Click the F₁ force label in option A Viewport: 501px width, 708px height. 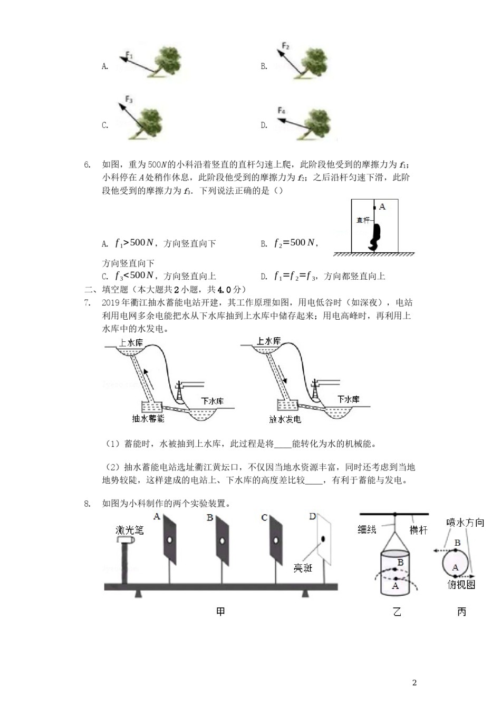tap(130, 55)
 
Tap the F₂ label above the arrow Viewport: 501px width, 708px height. tap(285, 46)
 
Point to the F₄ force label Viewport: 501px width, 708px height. tap(282, 111)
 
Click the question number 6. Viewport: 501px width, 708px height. tap(88, 165)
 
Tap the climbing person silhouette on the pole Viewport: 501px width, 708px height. tap(375, 235)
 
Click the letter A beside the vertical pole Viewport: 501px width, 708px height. tap(382, 207)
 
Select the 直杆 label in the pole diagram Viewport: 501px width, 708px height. tap(363, 220)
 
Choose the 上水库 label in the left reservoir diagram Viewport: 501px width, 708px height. tap(131, 343)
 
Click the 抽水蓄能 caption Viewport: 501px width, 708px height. tap(148, 418)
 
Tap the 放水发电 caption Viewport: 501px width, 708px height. tap(285, 419)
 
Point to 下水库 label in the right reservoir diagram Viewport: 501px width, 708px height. tap(349, 399)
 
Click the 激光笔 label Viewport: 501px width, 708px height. tap(129, 530)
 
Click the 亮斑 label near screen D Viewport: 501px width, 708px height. tap(303, 568)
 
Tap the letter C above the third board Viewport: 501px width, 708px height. tap(264, 518)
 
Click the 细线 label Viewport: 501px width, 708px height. tap(367, 529)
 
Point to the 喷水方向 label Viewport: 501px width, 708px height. tap(465, 522)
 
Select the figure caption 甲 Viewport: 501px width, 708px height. tap(220, 611)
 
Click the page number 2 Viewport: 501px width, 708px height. tap(414, 683)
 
